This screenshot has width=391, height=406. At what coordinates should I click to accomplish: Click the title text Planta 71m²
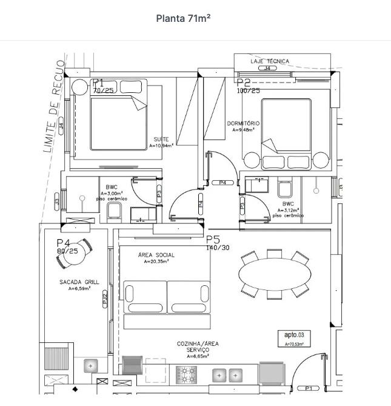pyautogui.click(x=183, y=18)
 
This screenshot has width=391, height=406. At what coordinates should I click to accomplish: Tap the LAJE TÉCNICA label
pyautogui.click(x=270, y=61)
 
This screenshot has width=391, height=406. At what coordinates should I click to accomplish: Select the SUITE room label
pyautogui.click(x=161, y=139)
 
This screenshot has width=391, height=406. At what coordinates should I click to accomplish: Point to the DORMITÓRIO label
pyautogui.click(x=244, y=123)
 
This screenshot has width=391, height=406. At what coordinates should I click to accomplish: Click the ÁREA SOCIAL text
pyautogui.click(x=156, y=255)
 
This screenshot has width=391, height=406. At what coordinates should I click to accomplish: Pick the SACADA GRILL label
pyautogui.click(x=79, y=282)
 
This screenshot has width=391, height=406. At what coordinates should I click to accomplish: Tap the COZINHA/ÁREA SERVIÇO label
pyautogui.click(x=198, y=347)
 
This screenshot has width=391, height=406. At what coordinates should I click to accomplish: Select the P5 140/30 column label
pyautogui.click(x=218, y=243)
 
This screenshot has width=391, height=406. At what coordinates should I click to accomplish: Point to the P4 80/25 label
pyautogui.click(x=67, y=246)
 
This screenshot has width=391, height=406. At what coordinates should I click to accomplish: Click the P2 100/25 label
pyautogui.click(x=247, y=86)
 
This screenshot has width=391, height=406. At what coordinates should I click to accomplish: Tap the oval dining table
pyautogui.click(x=274, y=275)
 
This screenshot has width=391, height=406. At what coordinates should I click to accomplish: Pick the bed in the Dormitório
pyautogui.click(x=287, y=134)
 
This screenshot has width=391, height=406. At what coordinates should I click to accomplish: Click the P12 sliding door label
pyautogui.click(x=105, y=297)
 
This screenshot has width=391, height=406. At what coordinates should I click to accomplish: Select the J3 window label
pyautogui.click(x=57, y=201)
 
